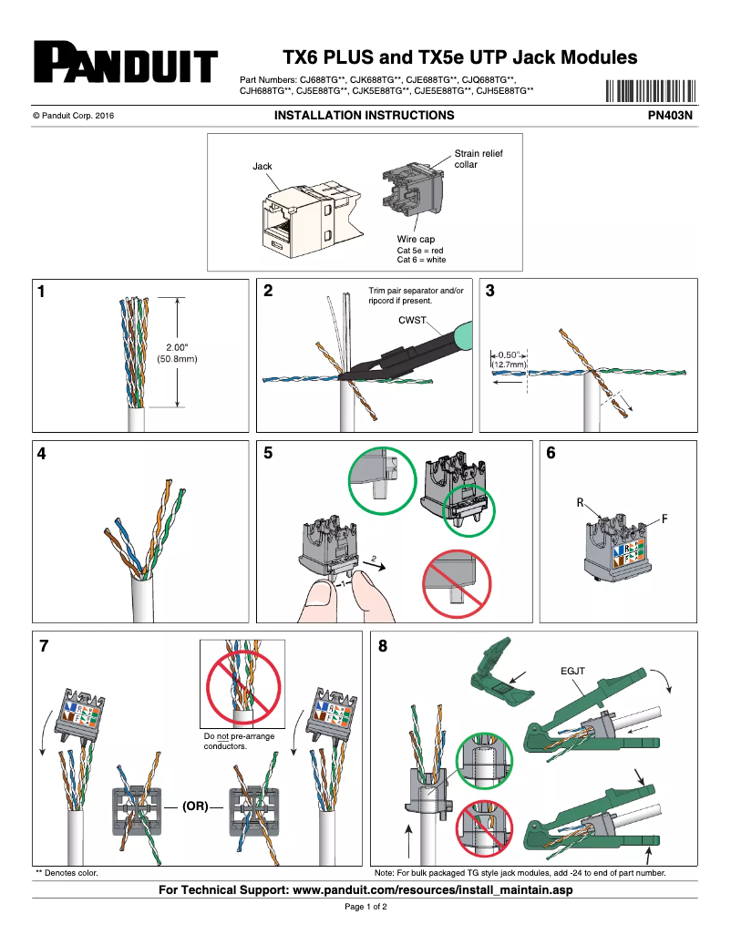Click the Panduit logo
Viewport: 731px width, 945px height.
point(126,64)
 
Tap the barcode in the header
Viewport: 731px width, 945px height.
point(649,91)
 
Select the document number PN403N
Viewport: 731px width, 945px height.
point(670,116)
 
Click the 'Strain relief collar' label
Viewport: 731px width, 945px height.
point(478,159)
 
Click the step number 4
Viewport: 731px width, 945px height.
point(42,454)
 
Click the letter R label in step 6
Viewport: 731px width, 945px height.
point(580,503)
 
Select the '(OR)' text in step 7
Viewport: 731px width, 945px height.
point(196,806)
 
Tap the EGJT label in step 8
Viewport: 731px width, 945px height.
point(571,672)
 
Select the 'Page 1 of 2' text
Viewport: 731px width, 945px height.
point(365,908)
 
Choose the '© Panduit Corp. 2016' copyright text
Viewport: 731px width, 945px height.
point(73,117)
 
